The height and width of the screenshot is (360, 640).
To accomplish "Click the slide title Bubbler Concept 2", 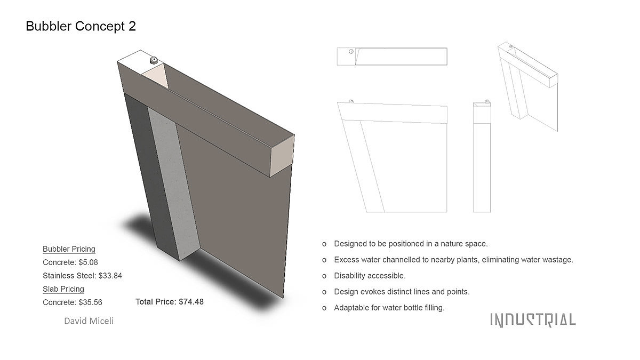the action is pyautogui.click(x=81, y=26).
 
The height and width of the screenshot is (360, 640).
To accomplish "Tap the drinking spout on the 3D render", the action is pyautogui.click(x=154, y=60).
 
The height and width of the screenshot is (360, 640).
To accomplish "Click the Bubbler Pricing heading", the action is pyautogui.click(x=69, y=249).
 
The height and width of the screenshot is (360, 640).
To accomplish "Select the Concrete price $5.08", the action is pyautogui.click(x=89, y=262).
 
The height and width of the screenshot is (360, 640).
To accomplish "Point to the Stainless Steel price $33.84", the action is pyautogui.click(x=110, y=276).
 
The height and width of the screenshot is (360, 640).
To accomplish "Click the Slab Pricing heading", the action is pyautogui.click(x=63, y=289).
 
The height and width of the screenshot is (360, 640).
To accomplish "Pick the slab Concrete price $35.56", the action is pyautogui.click(x=90, y=302).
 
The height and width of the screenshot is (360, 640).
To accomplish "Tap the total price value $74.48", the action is pyautogui.click(x=191, y=302).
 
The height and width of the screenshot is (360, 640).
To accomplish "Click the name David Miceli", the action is pyautogui.click(x=89, y=321).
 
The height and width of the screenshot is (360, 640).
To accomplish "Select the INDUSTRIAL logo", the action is pyautogui.click(x=533, y=320).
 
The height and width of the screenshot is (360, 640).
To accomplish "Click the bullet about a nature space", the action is pyautogui.click(x=411, y=244).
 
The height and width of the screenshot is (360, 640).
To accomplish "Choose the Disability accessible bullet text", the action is pyautogui.click(x=370, y=276).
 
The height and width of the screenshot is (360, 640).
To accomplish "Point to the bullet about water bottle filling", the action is pyautogui.click(x=389, y=308).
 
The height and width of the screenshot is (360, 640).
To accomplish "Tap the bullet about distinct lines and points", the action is pyautogui.click(x=402, y=292).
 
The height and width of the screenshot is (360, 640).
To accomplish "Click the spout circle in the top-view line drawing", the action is pyautogui.click(x=351, y=51).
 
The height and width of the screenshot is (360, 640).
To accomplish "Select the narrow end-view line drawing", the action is pyautogui.click(x=482, y=157).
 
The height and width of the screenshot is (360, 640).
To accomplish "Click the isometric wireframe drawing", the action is pyautogui.click(x=527, y=87).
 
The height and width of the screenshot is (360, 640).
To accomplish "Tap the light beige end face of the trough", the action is pyautogui.click(x=282, y=156).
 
